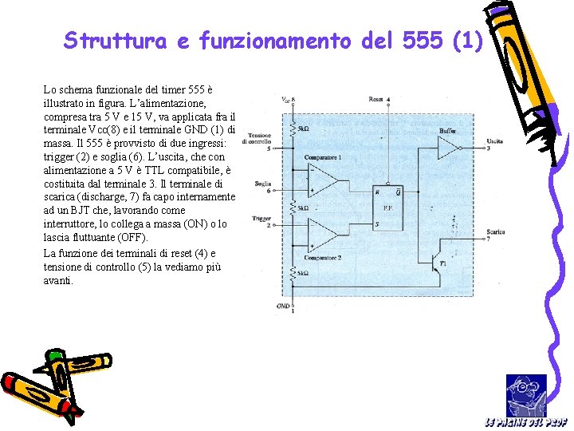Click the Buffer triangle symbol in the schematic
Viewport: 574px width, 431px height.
coord(449,148)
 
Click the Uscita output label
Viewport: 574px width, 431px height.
coord(494,142)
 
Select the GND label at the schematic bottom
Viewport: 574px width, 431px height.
coord(282,306)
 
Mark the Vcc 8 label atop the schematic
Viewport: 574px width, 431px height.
coord(288,100)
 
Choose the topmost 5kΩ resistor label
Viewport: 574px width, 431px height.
coord(303,128)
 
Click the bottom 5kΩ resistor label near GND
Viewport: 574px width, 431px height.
coord(303,273)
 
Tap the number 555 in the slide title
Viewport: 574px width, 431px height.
coord(419,40)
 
